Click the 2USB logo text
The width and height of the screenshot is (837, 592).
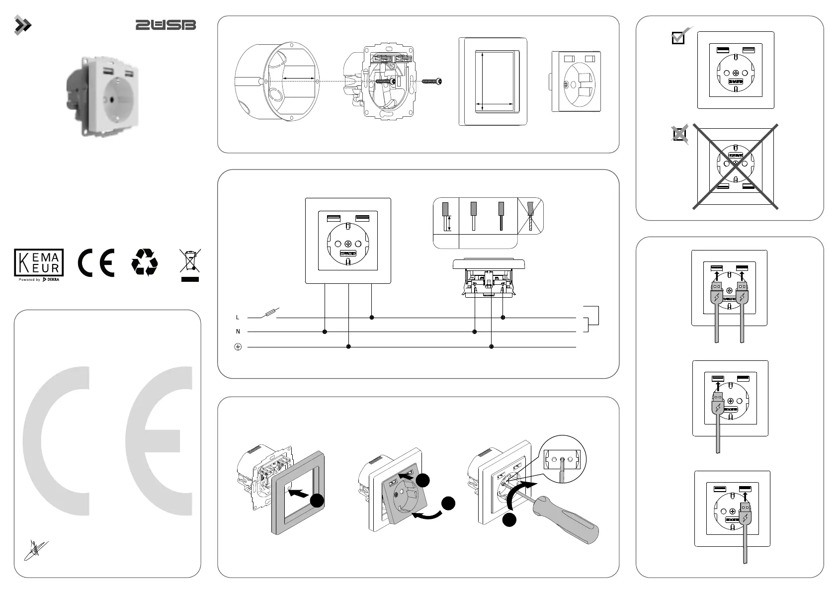(166, 25)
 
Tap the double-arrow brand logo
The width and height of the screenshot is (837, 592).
(22, 25)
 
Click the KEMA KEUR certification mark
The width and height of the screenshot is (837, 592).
(39, 264)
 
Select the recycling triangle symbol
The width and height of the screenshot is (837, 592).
(145, 262)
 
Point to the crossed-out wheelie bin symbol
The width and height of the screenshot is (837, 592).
(190, 263)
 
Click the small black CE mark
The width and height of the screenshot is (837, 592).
(96, 262)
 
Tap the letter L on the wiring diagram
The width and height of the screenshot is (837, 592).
(238, 317)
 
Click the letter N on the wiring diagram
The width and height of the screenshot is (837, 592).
(238, 332)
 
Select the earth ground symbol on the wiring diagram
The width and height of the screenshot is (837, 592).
(238, 347)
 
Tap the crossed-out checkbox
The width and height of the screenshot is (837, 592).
(679, 134)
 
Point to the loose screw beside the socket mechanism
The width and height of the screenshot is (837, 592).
(431, 81)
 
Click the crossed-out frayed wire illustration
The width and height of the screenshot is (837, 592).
(531, 215)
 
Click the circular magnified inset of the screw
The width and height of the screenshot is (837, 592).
(563, 459)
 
